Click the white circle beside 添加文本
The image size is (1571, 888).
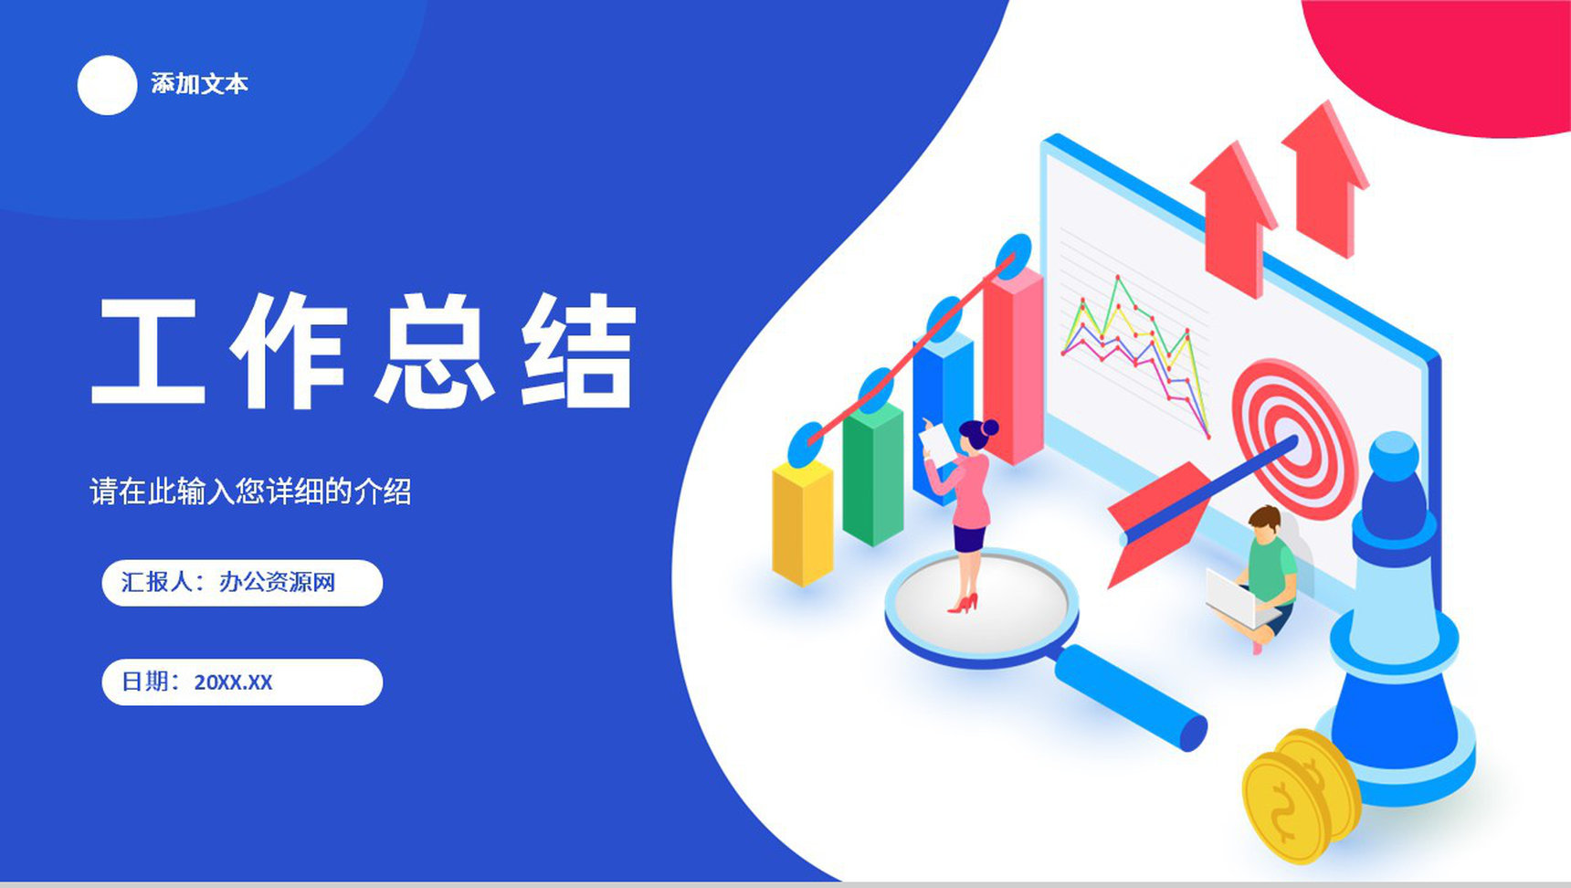(107, 85)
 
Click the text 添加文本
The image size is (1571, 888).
(199, 84)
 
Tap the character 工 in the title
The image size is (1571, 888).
(147, 351)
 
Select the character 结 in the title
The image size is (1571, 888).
(578, 351)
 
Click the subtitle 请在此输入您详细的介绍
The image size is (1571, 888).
(250, 492)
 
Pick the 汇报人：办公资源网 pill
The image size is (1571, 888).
(241, 583)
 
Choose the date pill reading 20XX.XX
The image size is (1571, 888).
(241, 682)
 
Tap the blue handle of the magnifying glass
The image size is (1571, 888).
(1133, 696)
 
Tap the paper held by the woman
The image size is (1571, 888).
(937, 443)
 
